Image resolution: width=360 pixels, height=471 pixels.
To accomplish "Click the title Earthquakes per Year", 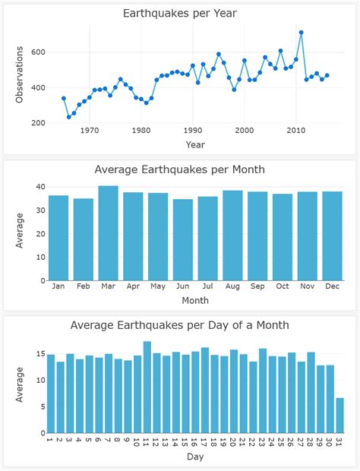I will click(x=180, y=13).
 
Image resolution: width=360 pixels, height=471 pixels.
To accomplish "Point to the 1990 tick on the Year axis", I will click(x=193, y=131).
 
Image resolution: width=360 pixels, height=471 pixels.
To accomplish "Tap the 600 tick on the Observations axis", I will click(x=38, y=52).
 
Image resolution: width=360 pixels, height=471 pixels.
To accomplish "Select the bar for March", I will click(x=108, y=233).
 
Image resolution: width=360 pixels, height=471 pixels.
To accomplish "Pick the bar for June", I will click(x=183, y=240).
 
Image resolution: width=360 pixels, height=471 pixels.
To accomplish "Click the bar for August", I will click(x=232, y=235).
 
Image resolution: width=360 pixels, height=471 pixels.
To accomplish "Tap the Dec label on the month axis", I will click(x=332, y=286).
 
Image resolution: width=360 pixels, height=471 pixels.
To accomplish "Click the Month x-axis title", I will click(x=195, y=301).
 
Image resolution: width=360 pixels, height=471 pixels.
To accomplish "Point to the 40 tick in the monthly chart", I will click(x=39, y=187).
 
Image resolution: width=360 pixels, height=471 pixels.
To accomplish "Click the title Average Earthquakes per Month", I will click(x=180, y=169).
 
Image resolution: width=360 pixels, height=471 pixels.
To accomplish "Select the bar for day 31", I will click(x=339, y=416).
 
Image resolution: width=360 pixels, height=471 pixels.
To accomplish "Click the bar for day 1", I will click(x=51, y=394).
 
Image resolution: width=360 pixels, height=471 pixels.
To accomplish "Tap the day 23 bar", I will click(x=263, y=390).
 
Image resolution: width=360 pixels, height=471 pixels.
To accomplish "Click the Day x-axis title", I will click(x=195, y=457).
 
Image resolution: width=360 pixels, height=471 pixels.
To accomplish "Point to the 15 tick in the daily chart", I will click(x=39, y=354).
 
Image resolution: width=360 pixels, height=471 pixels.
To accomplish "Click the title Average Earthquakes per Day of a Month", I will click(x=180, y=325).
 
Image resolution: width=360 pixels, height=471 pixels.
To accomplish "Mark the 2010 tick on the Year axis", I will click(x=295, y=131).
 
